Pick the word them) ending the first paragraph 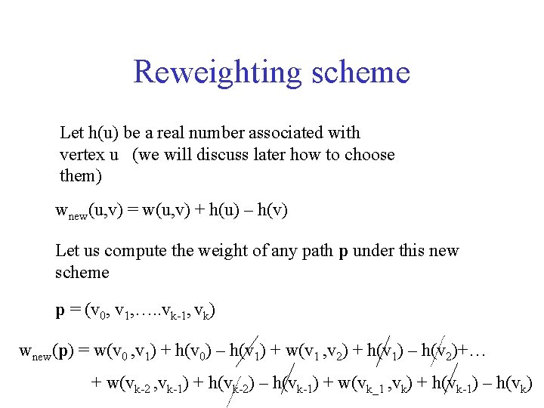click(79, 177)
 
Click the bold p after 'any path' click(343, 252)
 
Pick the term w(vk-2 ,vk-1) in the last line click(148, 383)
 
